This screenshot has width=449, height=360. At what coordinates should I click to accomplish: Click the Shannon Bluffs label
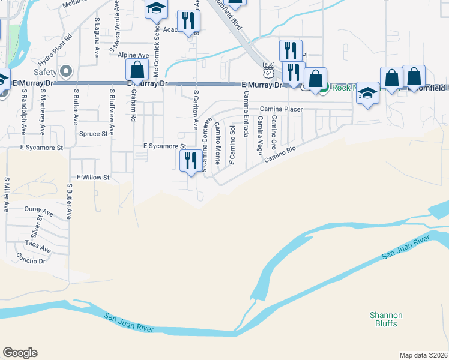tap(386, 319)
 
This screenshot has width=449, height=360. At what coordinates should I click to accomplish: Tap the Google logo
tap(20, 353)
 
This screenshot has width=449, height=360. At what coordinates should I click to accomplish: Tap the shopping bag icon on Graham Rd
tap(137, 70)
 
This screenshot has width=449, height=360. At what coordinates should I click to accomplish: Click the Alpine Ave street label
tap(133, 55)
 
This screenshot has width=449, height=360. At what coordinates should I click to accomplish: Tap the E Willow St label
tap(93, 178)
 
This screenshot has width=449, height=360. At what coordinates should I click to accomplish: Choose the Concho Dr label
tap(32, 261)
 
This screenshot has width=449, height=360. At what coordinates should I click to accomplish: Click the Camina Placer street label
tap(281, 109)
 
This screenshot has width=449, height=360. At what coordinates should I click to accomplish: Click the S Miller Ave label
tap(7, 194)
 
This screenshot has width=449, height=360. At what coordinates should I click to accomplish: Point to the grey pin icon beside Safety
tap(66, 72)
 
